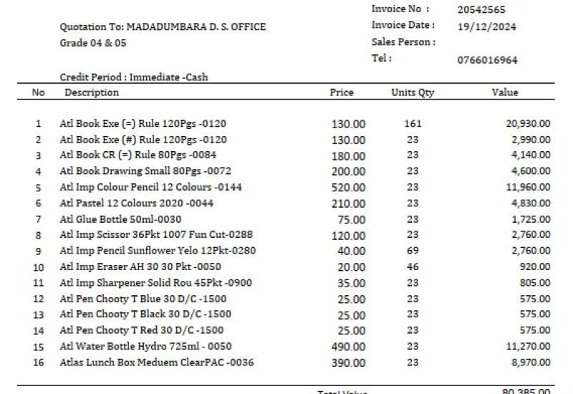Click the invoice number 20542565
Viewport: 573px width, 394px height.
pyautogui.click(x=481, y=10)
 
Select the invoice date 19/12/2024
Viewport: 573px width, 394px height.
pyautogui.click(x=486, y=27)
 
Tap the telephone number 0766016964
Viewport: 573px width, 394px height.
pyautogui.click(x=487, y=60)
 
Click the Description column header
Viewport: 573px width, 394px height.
pyautogui.click(x=92, y=92)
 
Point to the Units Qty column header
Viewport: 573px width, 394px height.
pyautogui.click(x=413, y=92)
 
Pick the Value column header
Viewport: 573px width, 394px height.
pyautogui.click(x=504, y=92)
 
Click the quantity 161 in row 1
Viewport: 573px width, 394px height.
pyautogui.click(x=413, y=124)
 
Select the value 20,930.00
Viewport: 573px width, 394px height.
pyautogui.click(x=528, y=124)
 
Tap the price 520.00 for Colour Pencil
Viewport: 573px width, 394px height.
pyautogui.click(x=348, y=188)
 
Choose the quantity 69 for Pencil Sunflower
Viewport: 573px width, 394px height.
pyautogui.click(x=413, y=251)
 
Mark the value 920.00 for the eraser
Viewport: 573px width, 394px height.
pyautogui.click(x=534, y=267)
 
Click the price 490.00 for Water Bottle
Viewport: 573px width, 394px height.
pyautogui.click(x=348, y=347)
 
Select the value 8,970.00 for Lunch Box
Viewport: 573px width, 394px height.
pyautogui.click(x=531, y=362)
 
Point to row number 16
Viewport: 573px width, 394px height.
pyautogui.click(x=39, y=362)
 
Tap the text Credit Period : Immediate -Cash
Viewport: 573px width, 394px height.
pyautogui.click(x=134, y=77)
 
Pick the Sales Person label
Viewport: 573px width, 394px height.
pyautogui.click(x=403, y=42)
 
